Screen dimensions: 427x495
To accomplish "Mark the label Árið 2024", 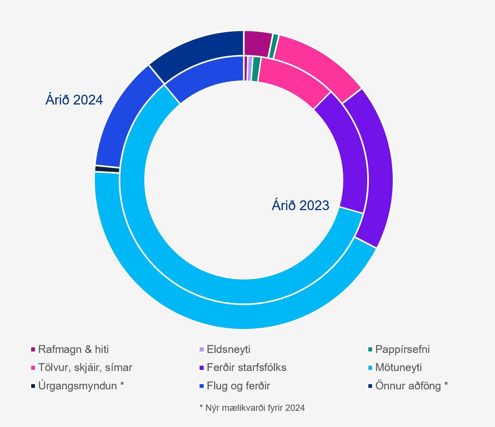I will click(74, 100).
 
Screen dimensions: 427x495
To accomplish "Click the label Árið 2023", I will click(300, 206).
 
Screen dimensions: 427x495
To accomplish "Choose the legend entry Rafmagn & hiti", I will click(73, 349).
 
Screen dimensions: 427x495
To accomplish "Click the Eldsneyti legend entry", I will click(228, 349).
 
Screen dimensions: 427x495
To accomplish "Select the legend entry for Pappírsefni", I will click(402, 349).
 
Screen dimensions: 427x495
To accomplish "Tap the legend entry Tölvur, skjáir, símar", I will click(85, 367).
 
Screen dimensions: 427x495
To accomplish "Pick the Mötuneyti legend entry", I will click(398, 367).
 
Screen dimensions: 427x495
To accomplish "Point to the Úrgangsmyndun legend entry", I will click(81, 386).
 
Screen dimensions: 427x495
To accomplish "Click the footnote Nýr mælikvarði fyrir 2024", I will click(252, 408).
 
